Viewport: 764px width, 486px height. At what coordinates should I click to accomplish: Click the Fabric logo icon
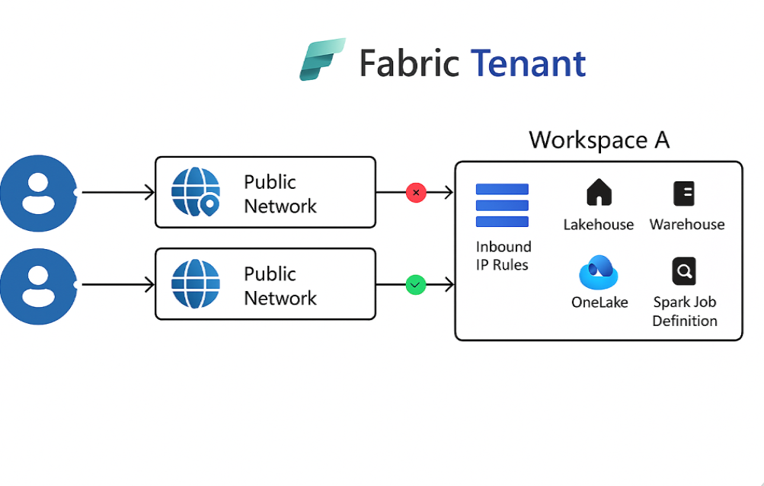pyautogui.click(x=322, y=59)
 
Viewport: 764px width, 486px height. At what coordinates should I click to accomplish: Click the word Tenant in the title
pyautogui.click(x=529, y=63)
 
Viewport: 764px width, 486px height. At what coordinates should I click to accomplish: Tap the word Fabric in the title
pyautogui.click(x=408, y=63)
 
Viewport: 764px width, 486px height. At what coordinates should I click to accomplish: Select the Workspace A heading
pyautogui.click(x=599, y=140)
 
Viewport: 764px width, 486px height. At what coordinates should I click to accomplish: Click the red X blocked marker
pyautogui.click(x=416, y=193)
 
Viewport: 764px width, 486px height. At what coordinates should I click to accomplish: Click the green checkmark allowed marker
pyautogui.click(x=415, y=285)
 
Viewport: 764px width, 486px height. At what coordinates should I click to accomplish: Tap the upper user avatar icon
pyautogui.click(x=37, y=193)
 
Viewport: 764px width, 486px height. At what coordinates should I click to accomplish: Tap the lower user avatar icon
pyautogui.click(x=37, y=285)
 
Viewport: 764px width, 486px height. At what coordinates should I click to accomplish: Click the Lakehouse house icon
pyautogui.click(x=599, y=193)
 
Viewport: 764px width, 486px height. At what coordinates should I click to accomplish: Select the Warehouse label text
pyautogui.click(x=686, y=225)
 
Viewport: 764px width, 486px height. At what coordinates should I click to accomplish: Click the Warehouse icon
pyautogui.click(x=684, y=193)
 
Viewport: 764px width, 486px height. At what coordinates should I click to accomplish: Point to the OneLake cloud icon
pyautogui.click(x=599, y=273)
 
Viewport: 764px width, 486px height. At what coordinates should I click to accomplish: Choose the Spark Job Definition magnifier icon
pyautogui.click(x=684, y=271)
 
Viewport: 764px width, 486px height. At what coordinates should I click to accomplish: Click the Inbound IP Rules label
pyautogui.click(x=503, y=256)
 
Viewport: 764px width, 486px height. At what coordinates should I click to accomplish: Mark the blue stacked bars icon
pyautogui.click(x=502, y=205)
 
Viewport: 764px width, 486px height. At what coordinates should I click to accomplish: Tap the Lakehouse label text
pyautogui.click(x=599, y=225)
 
